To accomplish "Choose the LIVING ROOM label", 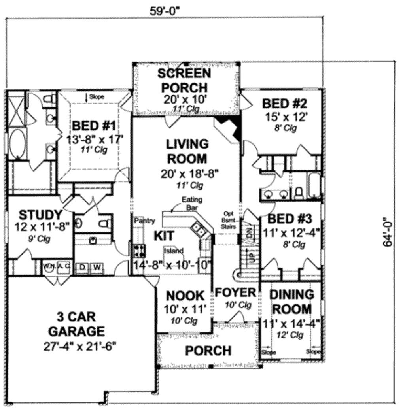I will pyautogui.click(x=187, y=151).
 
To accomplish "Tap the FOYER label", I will pyautogui.click(x=235, y=293).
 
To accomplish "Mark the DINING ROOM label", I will pyautogui.click(x=292, y=302).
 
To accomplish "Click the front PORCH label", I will pyautogui.click(x=208, y=350).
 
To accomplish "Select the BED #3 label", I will pyautogui.click(x=290, y=219).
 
